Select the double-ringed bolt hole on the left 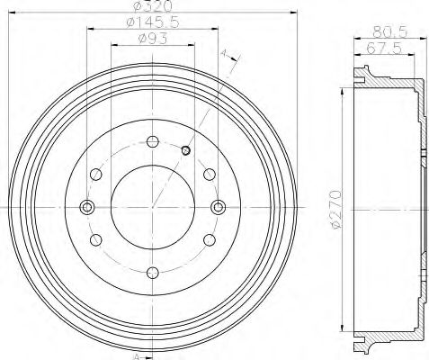pos(87,208)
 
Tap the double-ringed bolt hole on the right pos(218,208)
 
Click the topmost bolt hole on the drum pos(152,141)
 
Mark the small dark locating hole pos(185,150)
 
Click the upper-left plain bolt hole pos(96,175)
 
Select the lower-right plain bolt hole pos(209,240)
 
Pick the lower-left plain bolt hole pos(96,240)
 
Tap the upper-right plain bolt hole pos(209,175)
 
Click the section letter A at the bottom pos(136,355)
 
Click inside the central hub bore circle pos(152,208)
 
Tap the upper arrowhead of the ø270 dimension pos(344,92)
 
